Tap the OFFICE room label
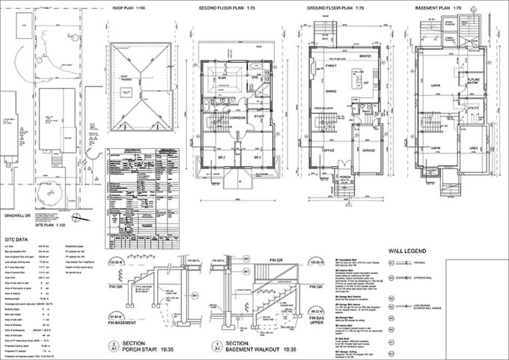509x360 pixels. pos(326,150)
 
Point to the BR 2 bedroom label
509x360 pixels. pos(222,158)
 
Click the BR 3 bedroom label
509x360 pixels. pos(255,158)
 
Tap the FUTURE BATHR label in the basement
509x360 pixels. pos(474,79)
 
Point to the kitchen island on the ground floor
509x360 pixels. pos(359,77)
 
